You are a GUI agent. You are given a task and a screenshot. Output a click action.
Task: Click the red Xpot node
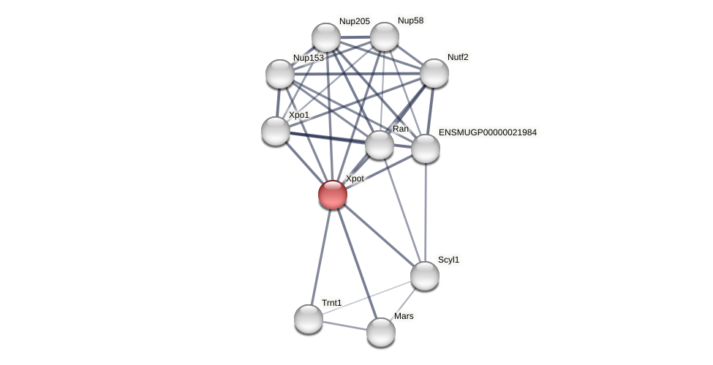pyautogui.click(x=333, y=195)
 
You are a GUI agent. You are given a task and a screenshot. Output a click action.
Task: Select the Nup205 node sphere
pyautogui.click(x=326, y=37)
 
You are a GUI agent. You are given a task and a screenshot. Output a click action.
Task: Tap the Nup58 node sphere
pyautogui.click(x=384, y=37)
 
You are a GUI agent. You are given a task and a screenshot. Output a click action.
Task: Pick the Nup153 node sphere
pyautogui.click(x=280, y=73)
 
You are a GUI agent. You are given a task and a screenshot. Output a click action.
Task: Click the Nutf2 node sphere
pyautogui.click(x=434, y=72)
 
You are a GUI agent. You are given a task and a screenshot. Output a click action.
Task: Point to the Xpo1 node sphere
pyautogui.click(x=276, y=130)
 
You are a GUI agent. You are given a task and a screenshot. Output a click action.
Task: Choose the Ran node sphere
pyautogui.click(x=380, y=144)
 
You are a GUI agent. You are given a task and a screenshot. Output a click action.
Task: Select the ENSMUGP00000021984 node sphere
pyautogui.click(x=426, y=148)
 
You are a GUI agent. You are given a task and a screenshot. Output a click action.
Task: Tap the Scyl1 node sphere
pyautogui.click(x=424, y=275)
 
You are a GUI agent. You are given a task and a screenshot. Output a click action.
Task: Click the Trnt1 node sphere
pyautogui.click(x=309, y=318)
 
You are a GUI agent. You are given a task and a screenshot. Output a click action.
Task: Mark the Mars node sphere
pyautogui.click(x=381, y=331)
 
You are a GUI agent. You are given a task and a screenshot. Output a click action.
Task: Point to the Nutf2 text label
pyautogui.click(x=458, y=57)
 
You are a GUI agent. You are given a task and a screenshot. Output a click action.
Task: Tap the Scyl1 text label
pyautogui.click(x=448, y=260)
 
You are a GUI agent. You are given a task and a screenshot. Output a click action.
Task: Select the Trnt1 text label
pyautogui.click(x=331, y=302)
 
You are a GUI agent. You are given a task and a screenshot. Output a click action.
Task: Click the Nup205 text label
pyautogui.click(x=354, y=21)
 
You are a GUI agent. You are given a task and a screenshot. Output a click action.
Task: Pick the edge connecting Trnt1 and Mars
pyautogui.click(x=344, y=325)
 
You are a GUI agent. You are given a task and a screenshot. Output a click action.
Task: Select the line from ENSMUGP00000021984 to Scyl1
pyautogui.click(x=425, y=212)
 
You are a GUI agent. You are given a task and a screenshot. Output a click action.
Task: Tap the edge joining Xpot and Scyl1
pyautogui.click(x=378, y=235)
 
